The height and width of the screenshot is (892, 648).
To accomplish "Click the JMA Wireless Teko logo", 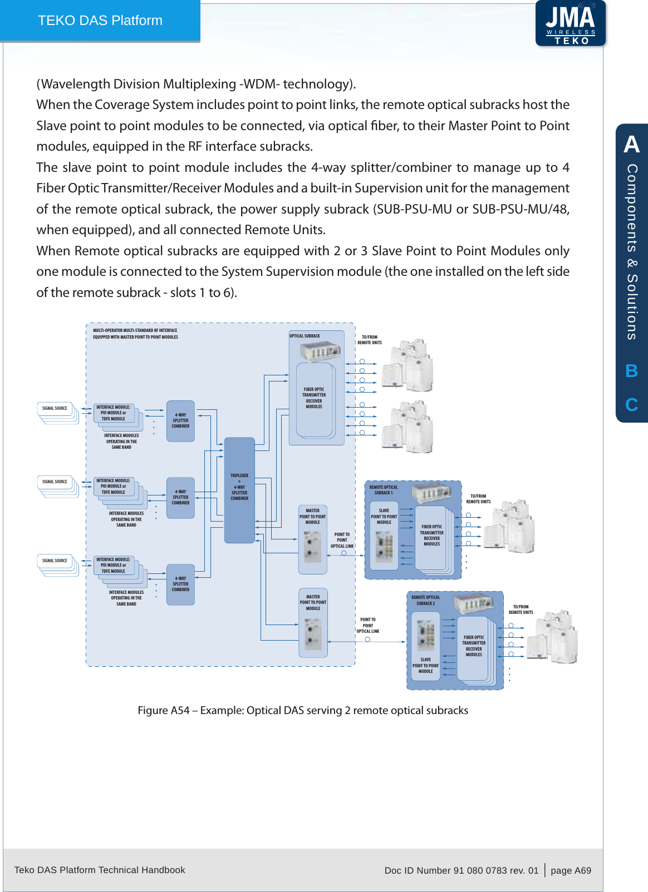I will point(570,23).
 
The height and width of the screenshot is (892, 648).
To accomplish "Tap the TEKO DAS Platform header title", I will point(100,21).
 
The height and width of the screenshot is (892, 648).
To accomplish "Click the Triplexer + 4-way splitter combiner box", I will point(239,489).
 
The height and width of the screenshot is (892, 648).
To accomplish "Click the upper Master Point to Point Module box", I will point(313,539).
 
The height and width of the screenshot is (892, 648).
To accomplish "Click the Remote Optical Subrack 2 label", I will point(426,600).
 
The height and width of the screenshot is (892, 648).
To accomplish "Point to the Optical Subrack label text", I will point(305,336).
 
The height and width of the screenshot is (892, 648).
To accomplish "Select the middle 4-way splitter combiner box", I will point(180,498).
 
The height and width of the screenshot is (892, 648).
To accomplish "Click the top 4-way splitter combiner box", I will point(180,421).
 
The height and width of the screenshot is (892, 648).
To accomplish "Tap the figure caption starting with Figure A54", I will point(303,710).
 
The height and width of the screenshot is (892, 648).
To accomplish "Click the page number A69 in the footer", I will point(571,870).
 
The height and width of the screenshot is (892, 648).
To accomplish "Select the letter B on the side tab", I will point(631,371).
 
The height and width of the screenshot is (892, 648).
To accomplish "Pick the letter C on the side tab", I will point(631,404).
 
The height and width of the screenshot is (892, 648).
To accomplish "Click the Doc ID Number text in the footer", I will point(461,870).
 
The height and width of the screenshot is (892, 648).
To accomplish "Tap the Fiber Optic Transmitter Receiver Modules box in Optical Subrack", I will point(314,398).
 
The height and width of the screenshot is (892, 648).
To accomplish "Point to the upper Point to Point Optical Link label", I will point(342,540).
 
